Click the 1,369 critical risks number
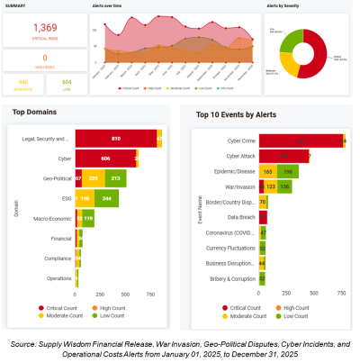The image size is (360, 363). pos(45,29)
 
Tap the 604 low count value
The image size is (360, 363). pos(66,83)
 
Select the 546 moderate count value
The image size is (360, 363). pos(22,83)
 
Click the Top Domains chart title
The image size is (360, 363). pos(36,112)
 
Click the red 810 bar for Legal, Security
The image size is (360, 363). pos(115,138)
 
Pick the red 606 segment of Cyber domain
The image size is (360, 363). pos(105,159)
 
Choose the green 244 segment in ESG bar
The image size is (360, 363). pos(105,198)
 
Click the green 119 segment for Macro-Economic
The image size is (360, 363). pos(88,218)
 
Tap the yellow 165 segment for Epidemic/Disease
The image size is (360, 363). pos(267,170)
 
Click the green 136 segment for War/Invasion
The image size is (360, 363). pos(284,186)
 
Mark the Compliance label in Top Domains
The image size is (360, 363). pos(52,259)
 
